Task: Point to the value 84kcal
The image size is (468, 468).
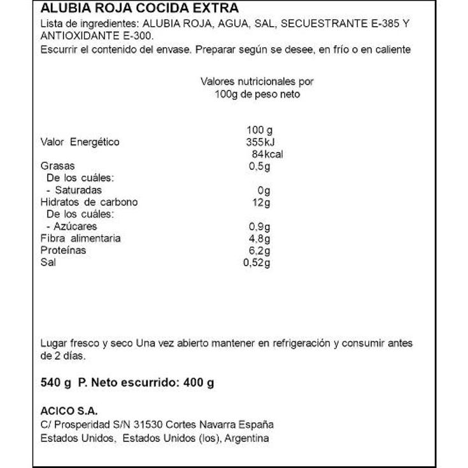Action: click(x=267, y=154)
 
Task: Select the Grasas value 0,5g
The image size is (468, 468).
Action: click(x=260, y=166)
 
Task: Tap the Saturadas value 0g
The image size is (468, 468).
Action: click(x=264, y=190)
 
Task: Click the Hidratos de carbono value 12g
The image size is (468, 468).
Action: click(x=261, y=202)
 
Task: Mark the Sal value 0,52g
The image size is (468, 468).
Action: click(x=257, y=263)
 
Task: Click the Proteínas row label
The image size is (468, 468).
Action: click(x=63, y=251)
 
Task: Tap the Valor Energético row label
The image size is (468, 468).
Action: click(x=80, y=142)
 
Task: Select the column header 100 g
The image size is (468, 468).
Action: click(x=259, y=130)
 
